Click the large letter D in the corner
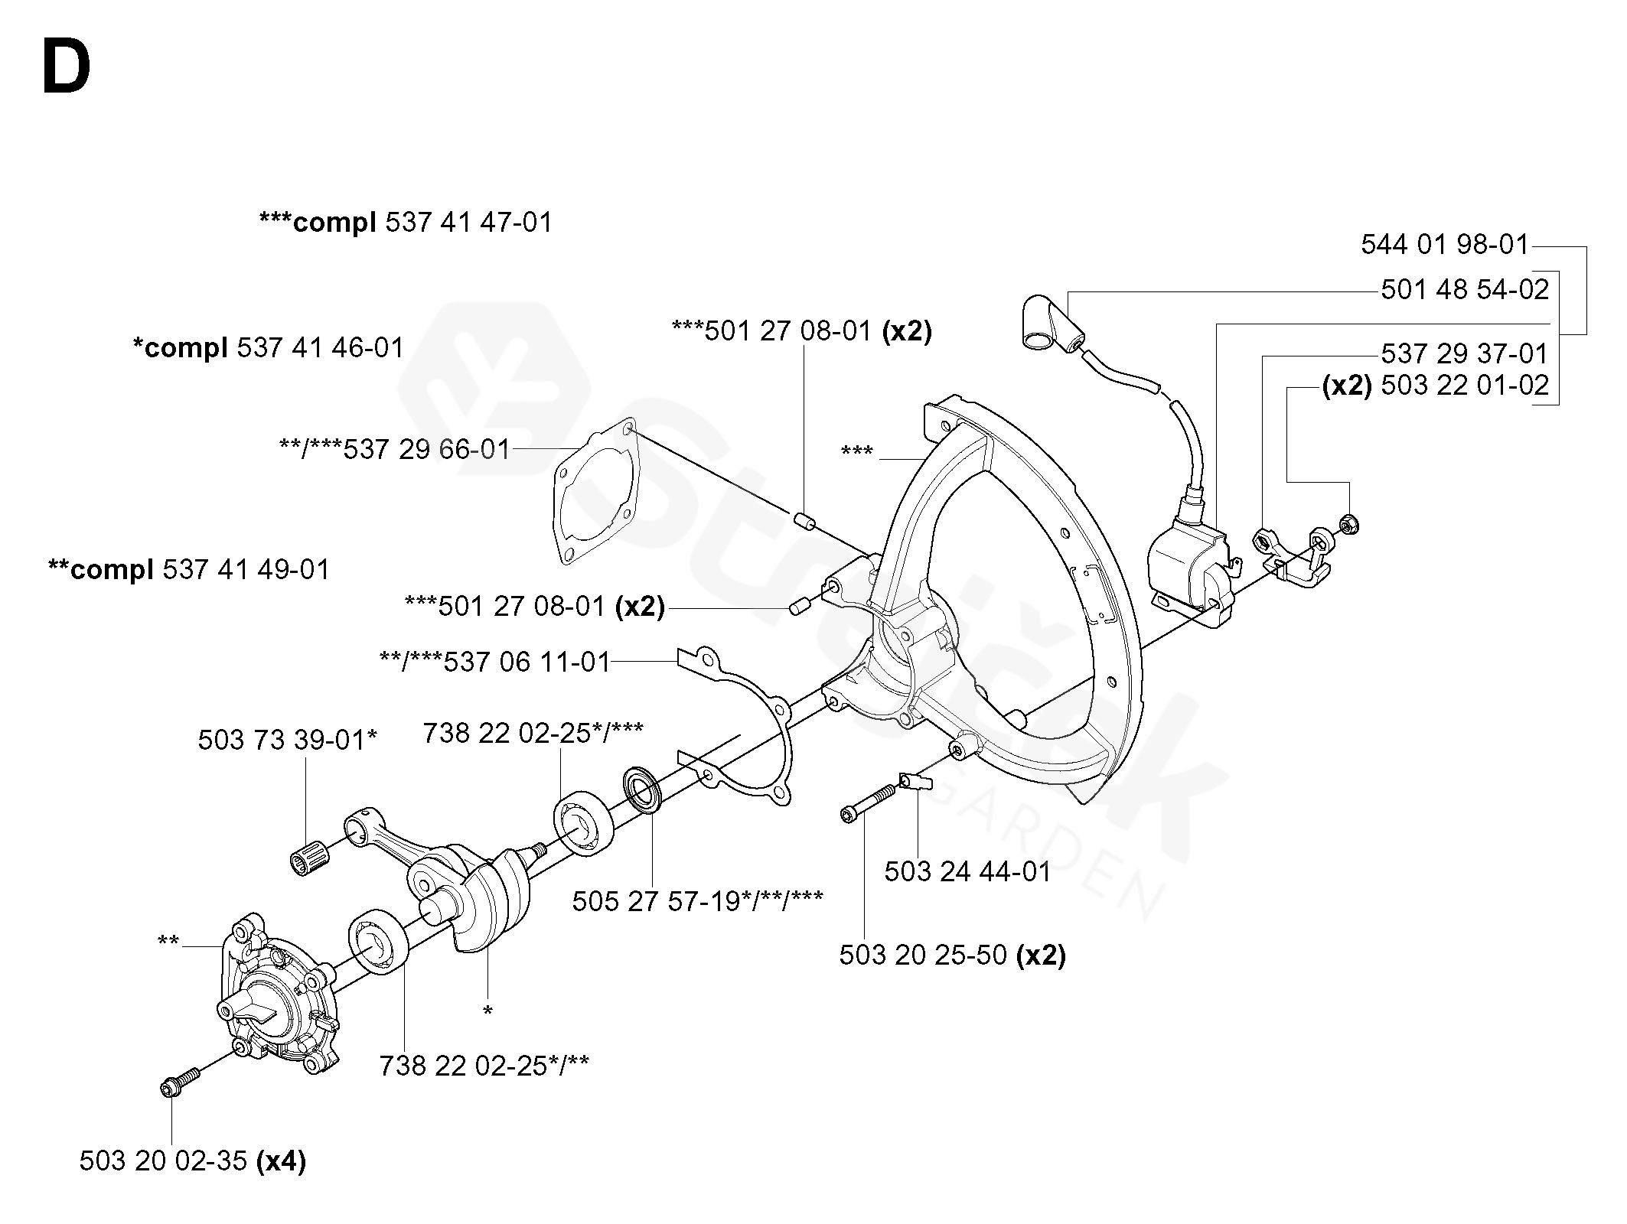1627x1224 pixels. click(x=67, y=68)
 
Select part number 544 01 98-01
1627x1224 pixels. click(x=1444, y=245)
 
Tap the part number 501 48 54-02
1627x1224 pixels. click(x=1465, y=290)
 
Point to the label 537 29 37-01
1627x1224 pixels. click(x=1465, y=354)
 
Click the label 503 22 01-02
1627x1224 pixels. click(x=1465, y=385)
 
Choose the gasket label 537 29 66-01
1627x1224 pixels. click(x=425, y=449)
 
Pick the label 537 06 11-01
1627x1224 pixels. click(x=527, y=662)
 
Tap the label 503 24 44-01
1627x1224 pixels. click(x=967, y=871)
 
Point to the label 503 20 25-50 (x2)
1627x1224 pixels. click(x=952, y=955)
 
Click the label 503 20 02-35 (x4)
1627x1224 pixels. click(x=192, y=1161)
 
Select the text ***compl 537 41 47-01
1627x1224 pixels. click(x=406, y=223)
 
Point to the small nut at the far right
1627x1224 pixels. click(x=1348, y=525)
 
